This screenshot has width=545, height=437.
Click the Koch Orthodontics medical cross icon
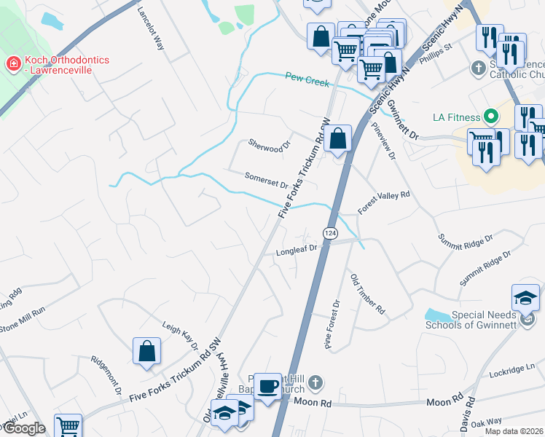(x=12, y=65)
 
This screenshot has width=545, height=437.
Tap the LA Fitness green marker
(x=492, y=117)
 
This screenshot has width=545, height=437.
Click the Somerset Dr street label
(x=267, y=180)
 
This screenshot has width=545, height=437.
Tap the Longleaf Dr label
(x=297, y=251)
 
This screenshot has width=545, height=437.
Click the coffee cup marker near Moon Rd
(x=267, y=385)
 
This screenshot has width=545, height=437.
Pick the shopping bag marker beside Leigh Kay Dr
(x=146, y=350)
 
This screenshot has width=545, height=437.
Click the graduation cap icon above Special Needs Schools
(x=525, y=297)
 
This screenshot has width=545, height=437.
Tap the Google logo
(x=23, y=428)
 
